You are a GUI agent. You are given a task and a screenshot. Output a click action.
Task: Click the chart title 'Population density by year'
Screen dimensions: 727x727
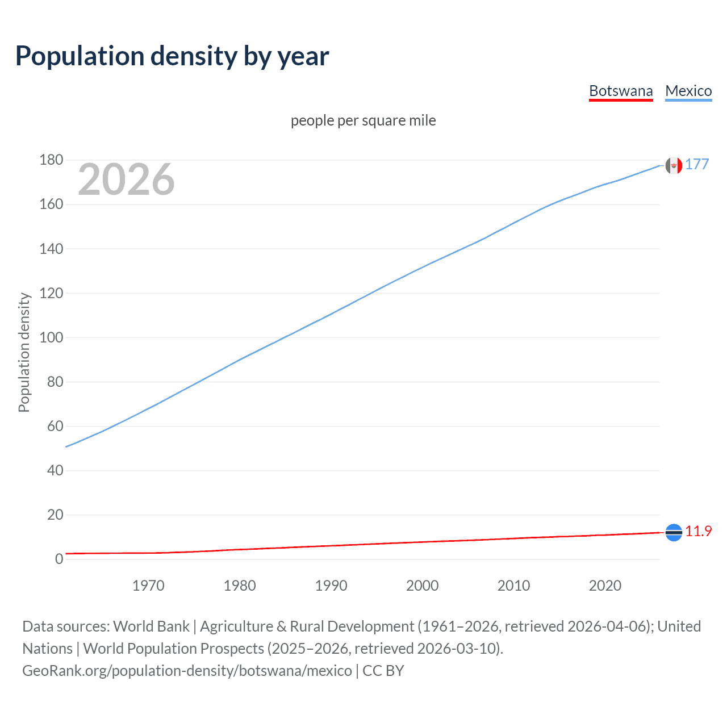coord(172,56)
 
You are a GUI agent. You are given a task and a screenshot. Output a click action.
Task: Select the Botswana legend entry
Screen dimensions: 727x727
coord(621,91)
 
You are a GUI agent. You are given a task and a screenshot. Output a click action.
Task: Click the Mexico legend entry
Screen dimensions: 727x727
coord(688,91)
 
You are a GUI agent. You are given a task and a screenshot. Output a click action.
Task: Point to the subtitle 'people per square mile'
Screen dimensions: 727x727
coord(363,120)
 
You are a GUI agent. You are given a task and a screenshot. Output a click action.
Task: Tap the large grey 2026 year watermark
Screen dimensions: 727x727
coord(126,179)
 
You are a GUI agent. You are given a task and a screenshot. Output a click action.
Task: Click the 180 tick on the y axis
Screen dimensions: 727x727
coord(51,160)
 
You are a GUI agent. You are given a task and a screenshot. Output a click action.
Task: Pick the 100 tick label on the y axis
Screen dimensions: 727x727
coord(51,337)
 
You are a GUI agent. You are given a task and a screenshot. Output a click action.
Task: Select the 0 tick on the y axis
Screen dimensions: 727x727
coord(59,559)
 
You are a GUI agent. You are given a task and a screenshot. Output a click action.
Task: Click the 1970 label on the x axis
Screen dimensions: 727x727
coord(148,586)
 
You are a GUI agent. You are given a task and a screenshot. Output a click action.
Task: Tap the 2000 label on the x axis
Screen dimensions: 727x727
coord(422,586)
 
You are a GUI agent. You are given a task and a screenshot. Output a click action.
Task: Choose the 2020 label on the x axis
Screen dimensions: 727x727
coord(605,586)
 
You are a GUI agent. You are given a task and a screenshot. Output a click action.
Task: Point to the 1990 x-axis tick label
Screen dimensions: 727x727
coord(331,586)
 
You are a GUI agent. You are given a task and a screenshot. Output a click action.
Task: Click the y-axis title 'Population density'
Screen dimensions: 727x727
coord(24,352)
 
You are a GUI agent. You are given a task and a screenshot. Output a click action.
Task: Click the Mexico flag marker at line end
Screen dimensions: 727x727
coord(674,166)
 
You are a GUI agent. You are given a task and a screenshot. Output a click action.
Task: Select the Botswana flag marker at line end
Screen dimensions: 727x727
coord(674,532)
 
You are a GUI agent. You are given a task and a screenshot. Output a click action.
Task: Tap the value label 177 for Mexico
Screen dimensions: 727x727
coord(697,164)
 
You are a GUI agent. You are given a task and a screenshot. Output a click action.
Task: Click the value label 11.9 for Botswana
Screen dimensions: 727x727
coord(698,531)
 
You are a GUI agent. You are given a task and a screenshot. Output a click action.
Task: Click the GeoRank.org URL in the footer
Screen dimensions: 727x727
coord(187,671)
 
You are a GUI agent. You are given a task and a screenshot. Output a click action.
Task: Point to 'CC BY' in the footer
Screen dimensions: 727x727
coord(383,671)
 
